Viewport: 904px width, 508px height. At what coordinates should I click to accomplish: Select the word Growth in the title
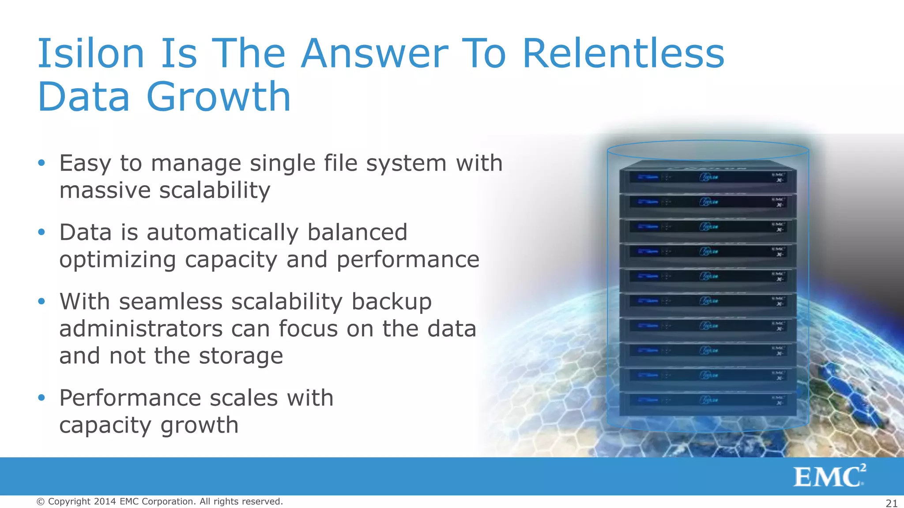(x=218, y=97)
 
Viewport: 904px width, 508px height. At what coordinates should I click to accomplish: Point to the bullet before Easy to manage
(x=41, y=163)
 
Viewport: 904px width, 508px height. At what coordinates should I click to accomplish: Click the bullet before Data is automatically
(x=41, y=232)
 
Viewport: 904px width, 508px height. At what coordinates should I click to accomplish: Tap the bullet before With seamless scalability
(x=41, y=301)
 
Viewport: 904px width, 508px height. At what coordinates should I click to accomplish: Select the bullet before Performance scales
(x=41, y=398)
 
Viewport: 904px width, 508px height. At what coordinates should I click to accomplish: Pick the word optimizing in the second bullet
(x=117, y=260)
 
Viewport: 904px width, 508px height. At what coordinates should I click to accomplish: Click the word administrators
(x=141, y=329)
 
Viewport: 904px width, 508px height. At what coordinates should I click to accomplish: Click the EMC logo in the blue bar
(x=829, y=476)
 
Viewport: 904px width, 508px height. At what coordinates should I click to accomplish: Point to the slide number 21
(x=891, y=503)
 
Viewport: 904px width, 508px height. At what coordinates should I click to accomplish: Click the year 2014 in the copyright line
(x=105, y=501)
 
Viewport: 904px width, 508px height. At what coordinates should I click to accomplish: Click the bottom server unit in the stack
(x=708, y=401)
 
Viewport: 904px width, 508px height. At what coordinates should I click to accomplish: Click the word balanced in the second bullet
(x=357, y=232)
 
